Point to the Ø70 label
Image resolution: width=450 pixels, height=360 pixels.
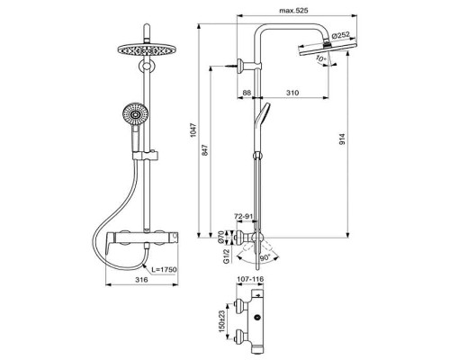[221, 238]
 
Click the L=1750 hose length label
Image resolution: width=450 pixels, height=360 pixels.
[164, 269]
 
